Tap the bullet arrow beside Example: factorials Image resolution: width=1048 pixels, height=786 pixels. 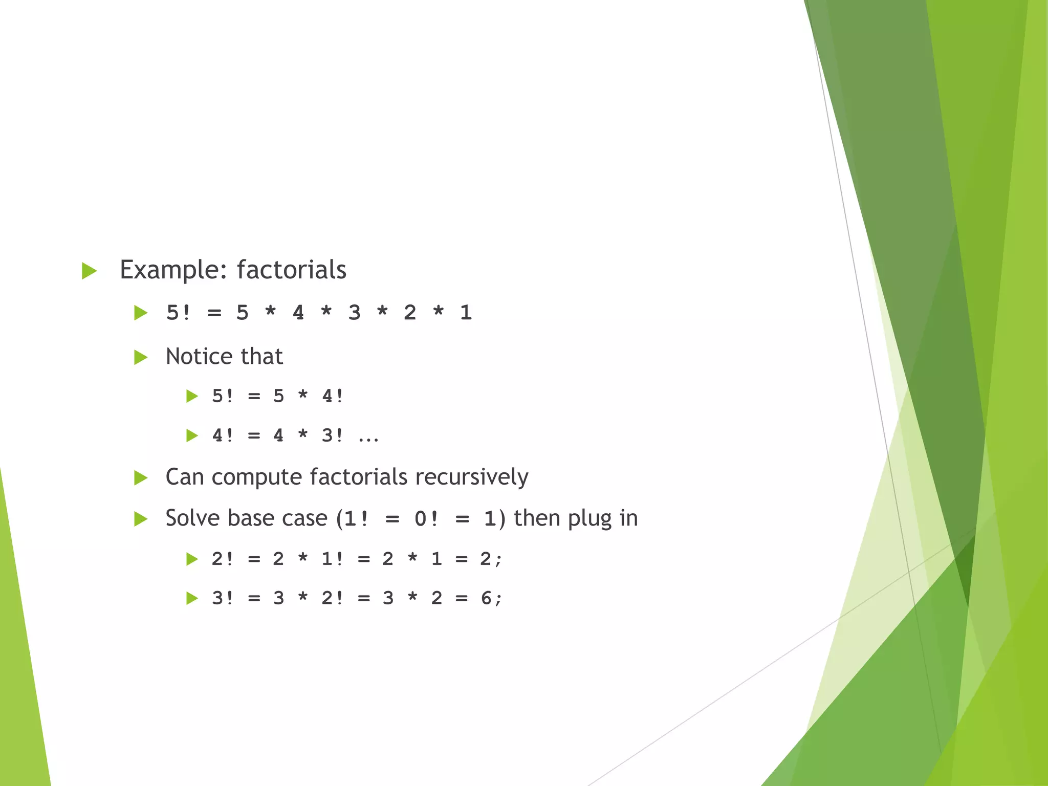[x=89, y=271]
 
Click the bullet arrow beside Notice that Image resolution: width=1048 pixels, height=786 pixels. [x=140, y=357]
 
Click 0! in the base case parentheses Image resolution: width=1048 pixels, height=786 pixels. [x=426, y=519]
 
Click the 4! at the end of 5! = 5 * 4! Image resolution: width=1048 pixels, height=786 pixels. [x=333, y=396]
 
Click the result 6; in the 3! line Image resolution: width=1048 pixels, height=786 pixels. [x=491, y=598]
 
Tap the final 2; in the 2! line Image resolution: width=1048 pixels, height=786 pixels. [x=491, y=559]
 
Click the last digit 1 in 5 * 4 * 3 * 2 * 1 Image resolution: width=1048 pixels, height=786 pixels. [x=465, y=313]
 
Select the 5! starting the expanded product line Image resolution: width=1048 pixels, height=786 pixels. [x=178, y=313]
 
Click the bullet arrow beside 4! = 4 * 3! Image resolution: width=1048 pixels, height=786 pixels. [x=192, y=436]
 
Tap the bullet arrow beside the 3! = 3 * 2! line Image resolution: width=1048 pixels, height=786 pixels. [x=192, y=598]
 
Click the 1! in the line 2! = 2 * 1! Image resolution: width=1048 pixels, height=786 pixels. [x=333, y=559]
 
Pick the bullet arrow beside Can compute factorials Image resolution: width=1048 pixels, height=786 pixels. [x=140, y=478]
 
